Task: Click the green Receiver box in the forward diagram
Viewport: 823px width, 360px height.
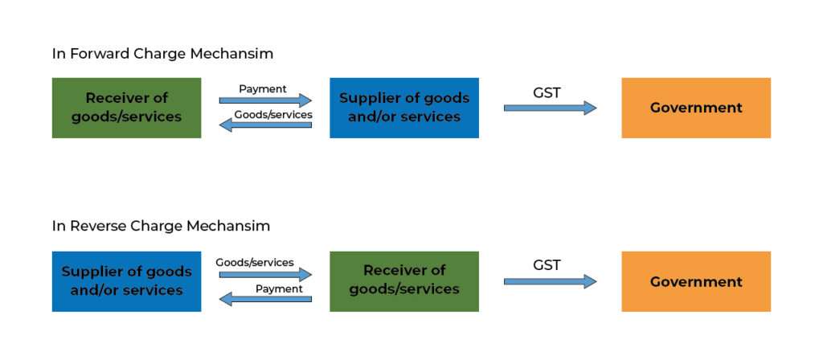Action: pos(126,108)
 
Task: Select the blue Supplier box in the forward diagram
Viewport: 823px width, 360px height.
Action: pos(403,108)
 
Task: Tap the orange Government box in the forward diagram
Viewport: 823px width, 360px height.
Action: pos(695,108)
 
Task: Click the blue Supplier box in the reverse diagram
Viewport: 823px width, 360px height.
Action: pos(126,281)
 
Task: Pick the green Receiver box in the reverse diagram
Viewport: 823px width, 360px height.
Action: pos(403,281)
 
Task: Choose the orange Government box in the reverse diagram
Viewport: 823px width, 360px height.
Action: pos(695,281)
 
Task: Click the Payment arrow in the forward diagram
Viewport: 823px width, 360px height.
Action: pos(265,100)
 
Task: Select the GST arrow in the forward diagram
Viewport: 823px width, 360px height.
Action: pos(551,108)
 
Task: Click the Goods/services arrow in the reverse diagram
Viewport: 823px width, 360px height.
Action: pos(265,274)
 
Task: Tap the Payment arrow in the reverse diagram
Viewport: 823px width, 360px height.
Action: pos(265,300)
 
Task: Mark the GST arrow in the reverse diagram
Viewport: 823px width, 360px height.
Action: pos(551,281)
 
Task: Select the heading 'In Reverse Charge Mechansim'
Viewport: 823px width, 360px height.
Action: pos(161,226)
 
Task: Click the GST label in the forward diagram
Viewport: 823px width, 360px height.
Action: pos(547,92)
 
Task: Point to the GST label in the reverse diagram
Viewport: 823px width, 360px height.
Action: pos(547,264)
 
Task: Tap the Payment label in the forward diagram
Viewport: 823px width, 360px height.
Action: pos(263,88)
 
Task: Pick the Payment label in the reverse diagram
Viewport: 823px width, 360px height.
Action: pos(279,288)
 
